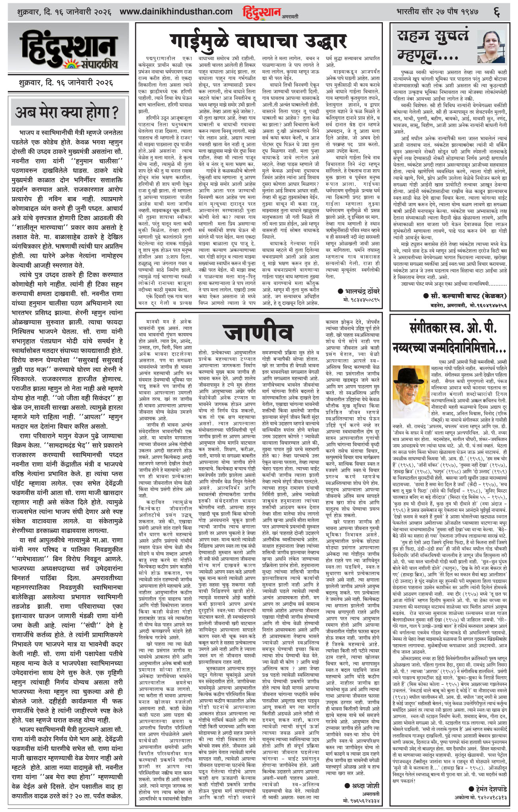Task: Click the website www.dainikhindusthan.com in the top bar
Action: [176, 12]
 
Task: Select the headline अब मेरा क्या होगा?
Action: [67, 113]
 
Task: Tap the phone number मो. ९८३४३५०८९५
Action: [361, 299]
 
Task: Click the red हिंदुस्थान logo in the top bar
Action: [262, 12]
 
